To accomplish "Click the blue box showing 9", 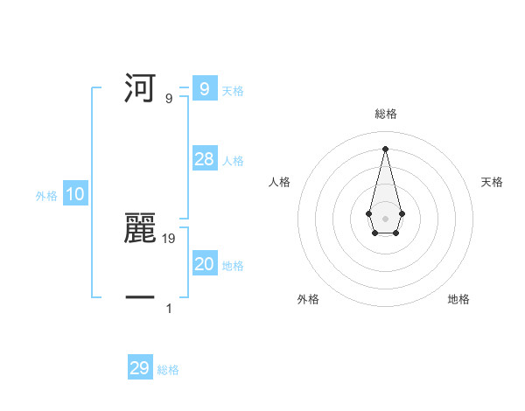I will click(204, 89).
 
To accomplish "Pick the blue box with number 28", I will click(204, 159).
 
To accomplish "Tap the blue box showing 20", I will click(204, 264).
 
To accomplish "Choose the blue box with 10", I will click(74, 195).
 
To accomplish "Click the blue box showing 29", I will click(140, 368).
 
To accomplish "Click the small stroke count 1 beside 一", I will click(169, 308).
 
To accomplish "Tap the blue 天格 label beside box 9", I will click(233, 91).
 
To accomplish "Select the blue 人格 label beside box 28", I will click(233, 161).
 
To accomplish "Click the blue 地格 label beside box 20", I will click(233, 266).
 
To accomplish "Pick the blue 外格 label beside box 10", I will click(46, 197).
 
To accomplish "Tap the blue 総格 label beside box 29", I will click(168, 370).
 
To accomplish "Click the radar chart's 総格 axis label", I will click(385, 114).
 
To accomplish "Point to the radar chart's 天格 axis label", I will click(492, 182).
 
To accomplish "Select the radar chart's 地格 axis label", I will click(458, 299).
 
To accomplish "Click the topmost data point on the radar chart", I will click(385, 148).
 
